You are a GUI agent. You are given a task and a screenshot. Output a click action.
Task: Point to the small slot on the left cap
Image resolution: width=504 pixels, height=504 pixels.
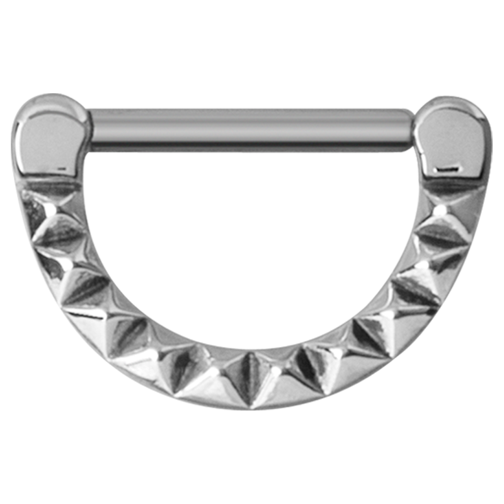pos(61,169)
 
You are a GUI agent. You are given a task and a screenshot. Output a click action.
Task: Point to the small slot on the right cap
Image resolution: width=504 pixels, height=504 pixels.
pos(449,169)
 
